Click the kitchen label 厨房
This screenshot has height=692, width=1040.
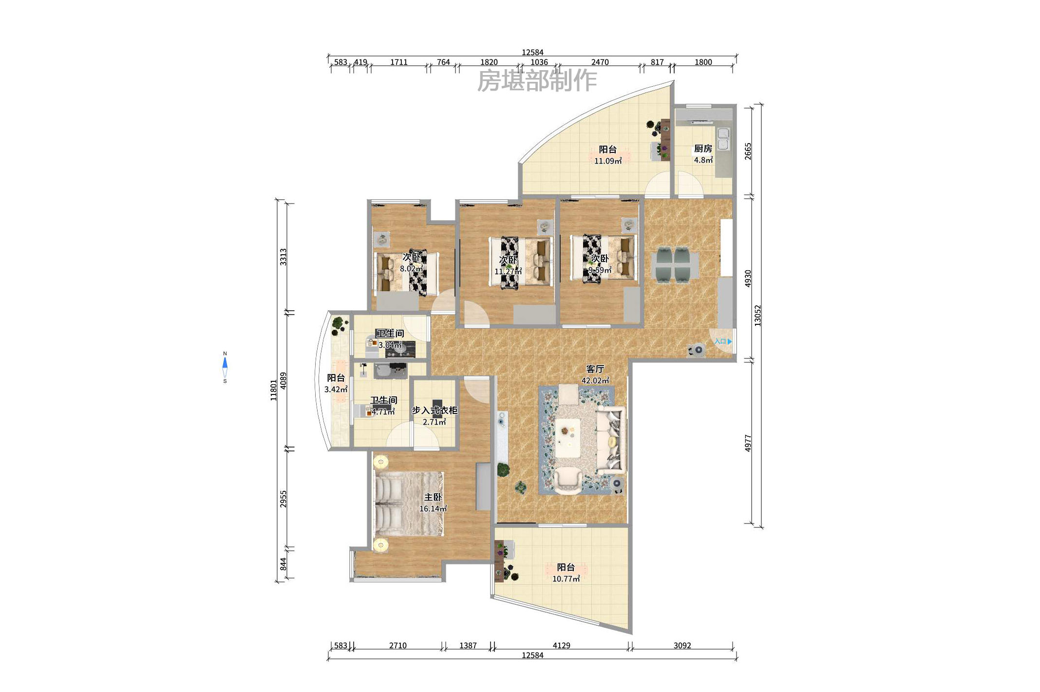point(703,149)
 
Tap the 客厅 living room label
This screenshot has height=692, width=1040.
point(595,369)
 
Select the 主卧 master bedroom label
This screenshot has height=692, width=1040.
point(433,497)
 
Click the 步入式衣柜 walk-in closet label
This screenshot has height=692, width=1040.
point(435,411)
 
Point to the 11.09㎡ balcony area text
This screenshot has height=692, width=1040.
point(607,161)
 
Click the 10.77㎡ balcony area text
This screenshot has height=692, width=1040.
point(566,579)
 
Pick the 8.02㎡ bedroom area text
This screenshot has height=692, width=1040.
point(412,268)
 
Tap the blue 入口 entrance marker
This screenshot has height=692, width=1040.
point(723,341)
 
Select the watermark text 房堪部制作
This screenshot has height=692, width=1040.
point(537,80)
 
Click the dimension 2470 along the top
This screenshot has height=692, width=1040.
point(600,62)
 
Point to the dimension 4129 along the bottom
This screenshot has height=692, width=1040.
point(561,645)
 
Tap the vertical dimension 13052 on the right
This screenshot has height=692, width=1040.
point(757,316)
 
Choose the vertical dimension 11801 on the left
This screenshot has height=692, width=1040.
point(274,391)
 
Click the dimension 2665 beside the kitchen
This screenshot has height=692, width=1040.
point(748,151)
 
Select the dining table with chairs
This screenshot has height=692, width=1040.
point(674,265)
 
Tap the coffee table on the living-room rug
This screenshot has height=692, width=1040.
point(567,437)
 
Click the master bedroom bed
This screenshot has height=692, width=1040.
point(409,504)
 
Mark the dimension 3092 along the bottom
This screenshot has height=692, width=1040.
point(682,645)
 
